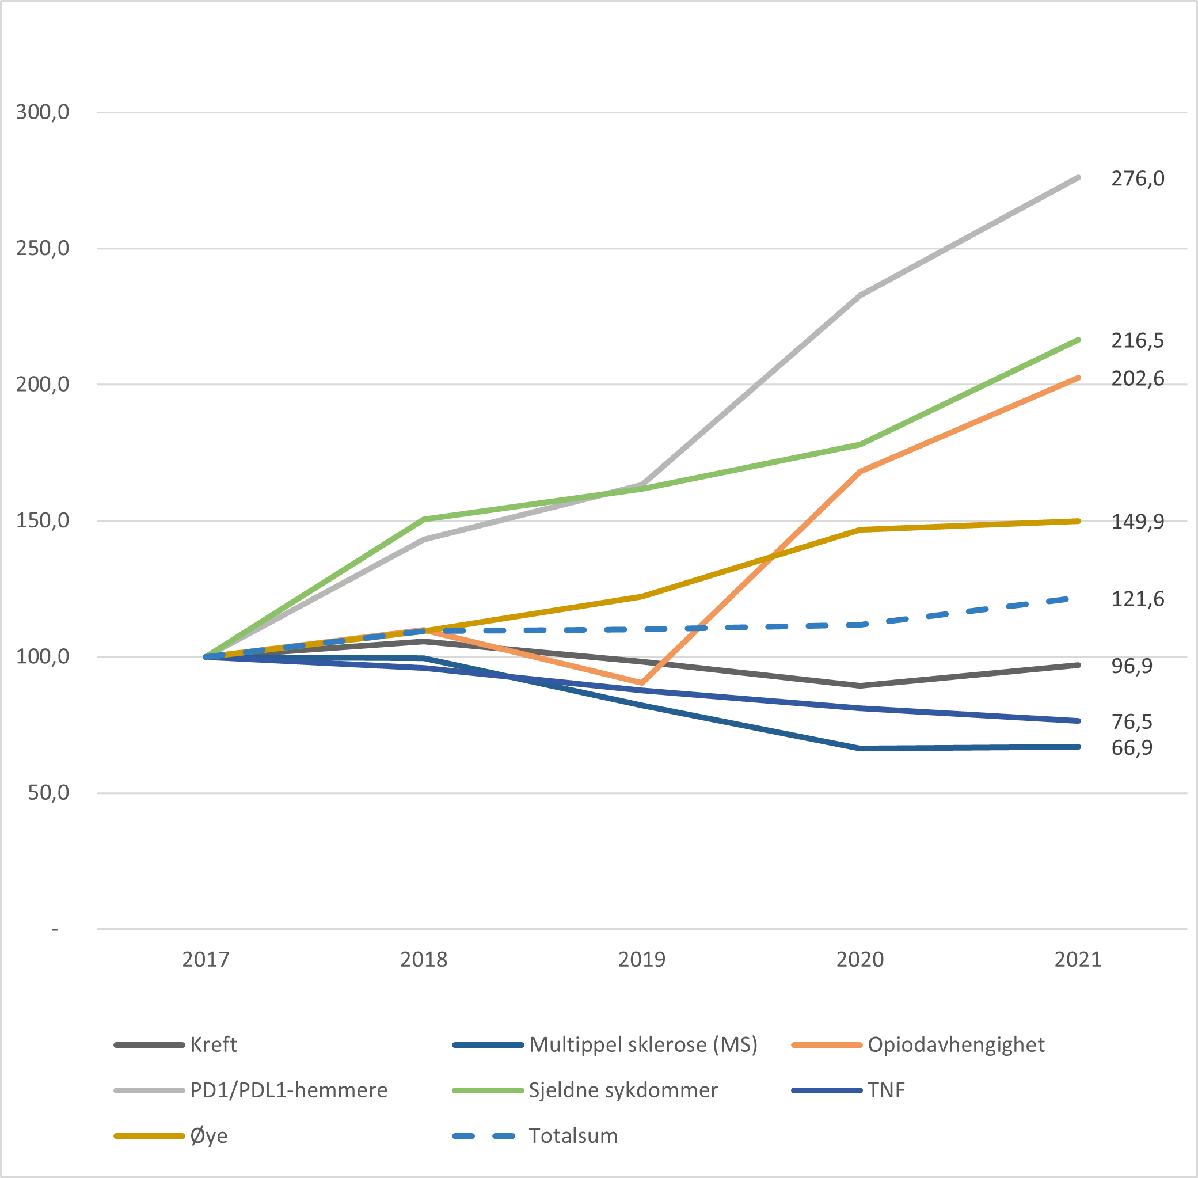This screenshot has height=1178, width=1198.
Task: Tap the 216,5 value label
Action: pyautogui.click(x=1137, y=340)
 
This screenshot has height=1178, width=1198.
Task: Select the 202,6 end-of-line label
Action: pyautogui.click(x=1137, y=379)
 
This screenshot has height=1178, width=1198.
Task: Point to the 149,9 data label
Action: pyautogui.click(x=1137, y=522)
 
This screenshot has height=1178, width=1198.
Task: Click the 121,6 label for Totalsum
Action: pyautogui.click(x=1137, y=599)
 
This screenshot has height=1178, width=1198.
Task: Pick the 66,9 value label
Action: pyautogui.click(x=1131, y=748)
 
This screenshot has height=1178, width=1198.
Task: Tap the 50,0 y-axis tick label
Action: pyautogui.click(x=48, y=793)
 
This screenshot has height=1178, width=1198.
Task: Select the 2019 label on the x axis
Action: pyautogui.click(x=642, y=960)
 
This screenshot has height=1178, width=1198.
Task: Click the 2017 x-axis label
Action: pyautogui.click(x=206, y=960)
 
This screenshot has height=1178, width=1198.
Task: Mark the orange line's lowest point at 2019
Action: pyautogui.click(x=642, y=683)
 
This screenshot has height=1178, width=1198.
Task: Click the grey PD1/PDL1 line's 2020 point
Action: pyautogui.click(x=860, y=295)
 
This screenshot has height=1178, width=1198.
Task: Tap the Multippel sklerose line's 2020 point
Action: pyautogui.click(x=860, y=748)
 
